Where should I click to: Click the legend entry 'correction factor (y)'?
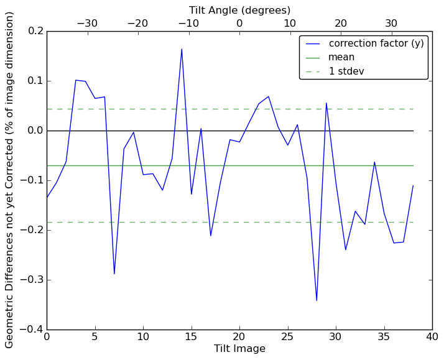coord(376,44)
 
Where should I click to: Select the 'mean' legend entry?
coord(341,57)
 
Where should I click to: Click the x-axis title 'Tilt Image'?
coord(239,349)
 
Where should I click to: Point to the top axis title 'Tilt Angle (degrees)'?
coord(239,10)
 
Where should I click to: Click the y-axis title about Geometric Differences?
coord(10,180)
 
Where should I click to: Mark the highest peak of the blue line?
coord(182,49)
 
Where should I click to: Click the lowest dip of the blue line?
coord(317,300)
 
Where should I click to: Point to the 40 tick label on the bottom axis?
coord(432,338)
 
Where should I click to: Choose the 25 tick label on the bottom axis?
coord(288,338)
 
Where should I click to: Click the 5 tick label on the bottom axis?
coord(95,338)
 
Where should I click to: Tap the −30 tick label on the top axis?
coord(87,23)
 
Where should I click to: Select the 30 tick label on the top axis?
coord(391,23)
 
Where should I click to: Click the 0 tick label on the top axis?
coord(239,23)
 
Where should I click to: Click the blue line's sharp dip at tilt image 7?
coord(114,274)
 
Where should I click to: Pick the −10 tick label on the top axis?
coord(188,23)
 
